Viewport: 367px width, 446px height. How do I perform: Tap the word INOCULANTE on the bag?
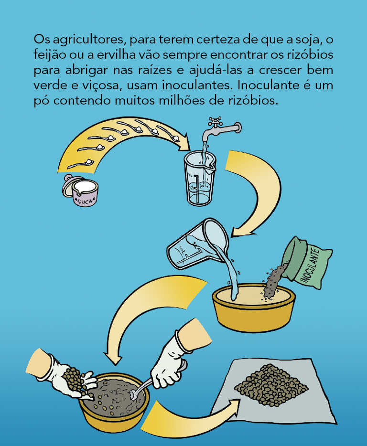[310, 265]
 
